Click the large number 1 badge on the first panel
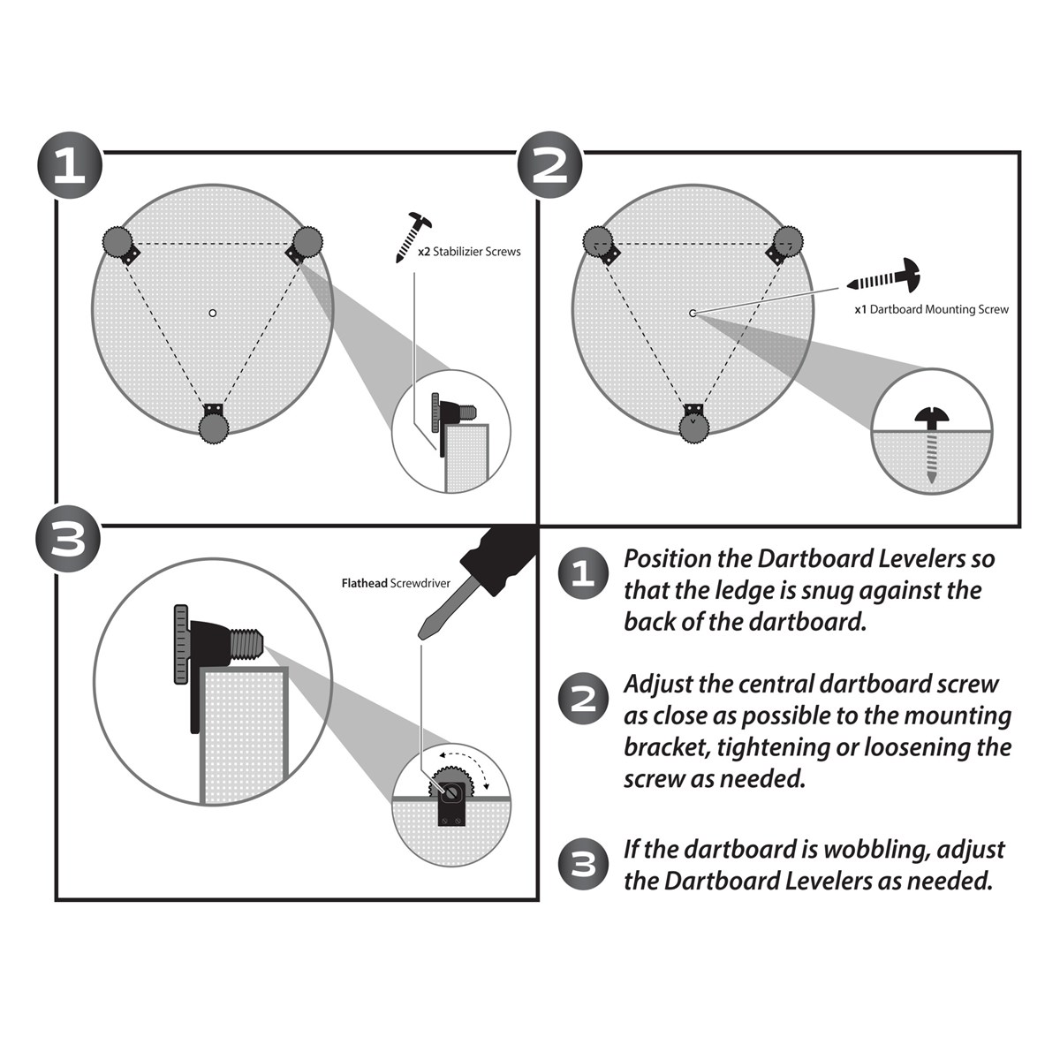[x=70, y=166]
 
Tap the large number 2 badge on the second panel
[x=549, y=166]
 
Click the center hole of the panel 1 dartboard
[x=212, y=313]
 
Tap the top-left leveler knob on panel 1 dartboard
[x=117, y=240]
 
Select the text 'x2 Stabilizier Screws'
[x=469, y=252]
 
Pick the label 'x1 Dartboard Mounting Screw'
[x=931, y=310]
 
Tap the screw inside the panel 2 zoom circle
[x=931, y=442]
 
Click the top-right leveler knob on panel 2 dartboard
[x=788, y=240]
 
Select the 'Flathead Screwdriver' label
[x=396, y=583]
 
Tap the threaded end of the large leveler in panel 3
[x=248, y=644]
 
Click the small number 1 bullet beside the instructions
[x=583, y=574]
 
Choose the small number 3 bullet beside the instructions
[x=583, y=864]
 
